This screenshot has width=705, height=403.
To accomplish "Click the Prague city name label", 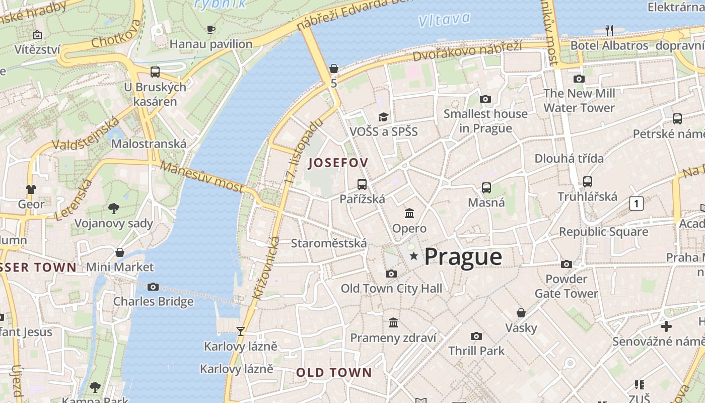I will (463, 257).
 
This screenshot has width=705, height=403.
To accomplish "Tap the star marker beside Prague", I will (414, 256).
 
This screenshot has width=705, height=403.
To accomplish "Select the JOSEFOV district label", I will (338, 163).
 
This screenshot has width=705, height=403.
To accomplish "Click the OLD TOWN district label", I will (334, 373).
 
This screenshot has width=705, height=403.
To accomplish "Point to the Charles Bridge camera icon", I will (153, 287).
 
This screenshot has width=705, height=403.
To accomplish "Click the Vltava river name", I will (444, 20).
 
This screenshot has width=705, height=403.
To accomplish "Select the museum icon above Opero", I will (409, 214).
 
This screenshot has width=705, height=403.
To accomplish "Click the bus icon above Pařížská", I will (362, 184).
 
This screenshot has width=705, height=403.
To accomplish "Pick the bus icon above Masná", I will (486, 188).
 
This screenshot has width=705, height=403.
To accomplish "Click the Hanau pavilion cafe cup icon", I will (211, 30).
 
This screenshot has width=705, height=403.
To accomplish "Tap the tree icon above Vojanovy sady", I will (114, 209).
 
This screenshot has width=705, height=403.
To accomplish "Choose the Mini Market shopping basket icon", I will (120, 252).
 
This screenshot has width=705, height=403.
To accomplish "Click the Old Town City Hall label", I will (391, 289).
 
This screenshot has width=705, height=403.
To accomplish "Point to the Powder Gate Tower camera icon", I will (567, 264).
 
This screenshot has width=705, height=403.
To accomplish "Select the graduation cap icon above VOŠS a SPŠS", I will (384, 117).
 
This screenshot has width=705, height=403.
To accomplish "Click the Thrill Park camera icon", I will (476, 336).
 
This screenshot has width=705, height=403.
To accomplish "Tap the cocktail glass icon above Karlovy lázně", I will (241, 331).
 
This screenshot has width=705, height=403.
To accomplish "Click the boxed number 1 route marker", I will (637, 204).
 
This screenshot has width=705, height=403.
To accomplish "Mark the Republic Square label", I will (603, 232).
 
